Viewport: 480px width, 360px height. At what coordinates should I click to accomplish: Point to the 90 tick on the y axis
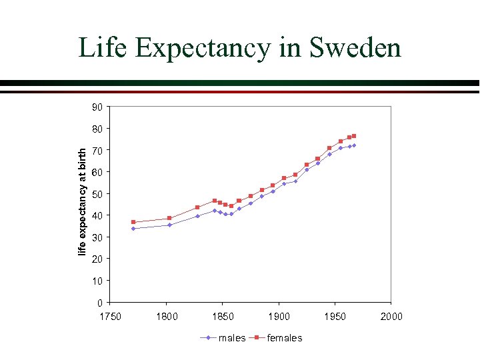[x=97, y=107]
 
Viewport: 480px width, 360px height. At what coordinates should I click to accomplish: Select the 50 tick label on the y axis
[x=97, y=194]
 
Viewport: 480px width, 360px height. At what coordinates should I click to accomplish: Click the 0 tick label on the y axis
[x=100, y=303]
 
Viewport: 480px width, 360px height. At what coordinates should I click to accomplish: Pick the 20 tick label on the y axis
[x=97, y=259]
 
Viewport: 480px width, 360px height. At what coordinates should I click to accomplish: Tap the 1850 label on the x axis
[x=223, y=317]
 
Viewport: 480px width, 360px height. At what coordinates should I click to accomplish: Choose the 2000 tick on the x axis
[x=391, y=317]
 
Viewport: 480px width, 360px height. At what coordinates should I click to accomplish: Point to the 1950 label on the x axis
[x=335, y=317]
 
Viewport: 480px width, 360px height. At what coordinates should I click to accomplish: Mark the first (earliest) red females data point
[x=133, y=222]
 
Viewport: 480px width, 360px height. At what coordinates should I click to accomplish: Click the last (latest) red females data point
[x=354, y=136]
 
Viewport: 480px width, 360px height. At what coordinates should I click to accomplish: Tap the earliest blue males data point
[x=133, y=229]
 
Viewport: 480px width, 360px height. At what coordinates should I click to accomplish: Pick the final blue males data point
[x=354, y=145]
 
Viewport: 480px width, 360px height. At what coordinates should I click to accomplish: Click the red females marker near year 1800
[x=169, y=218]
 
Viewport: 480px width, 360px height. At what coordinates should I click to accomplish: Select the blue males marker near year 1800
[x=169, y=225]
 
